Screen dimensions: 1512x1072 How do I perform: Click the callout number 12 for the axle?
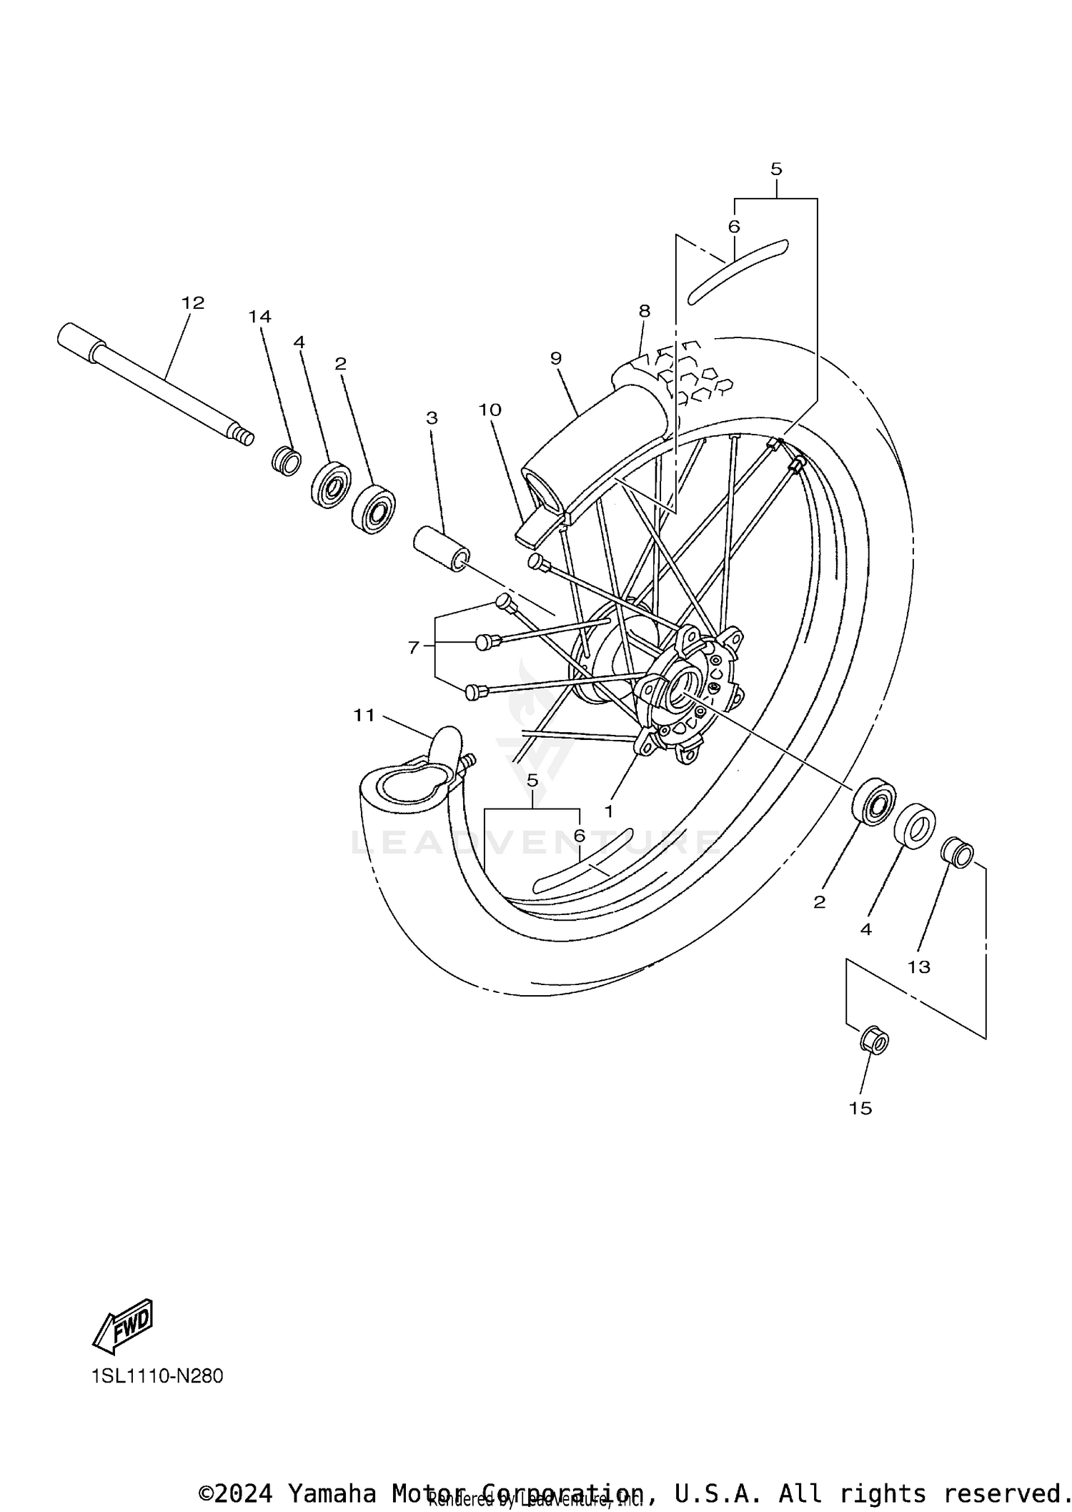pyautogui.click(x=193, y=302)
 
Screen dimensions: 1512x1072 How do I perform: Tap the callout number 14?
pyautogui.click(x=260, y=316)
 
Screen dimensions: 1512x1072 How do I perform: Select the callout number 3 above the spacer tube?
pyautogui.click(x=432, y=417)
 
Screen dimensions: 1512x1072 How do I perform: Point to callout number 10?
pyautogui.click(x=490, y=410)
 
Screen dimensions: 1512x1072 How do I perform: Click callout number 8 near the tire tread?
pyautogui.click(x=645, y=311)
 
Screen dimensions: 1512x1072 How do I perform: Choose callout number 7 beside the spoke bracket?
pyautogui.click(x=413, y=648)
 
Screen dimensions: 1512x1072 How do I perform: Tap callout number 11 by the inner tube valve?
pyautogui.click(x=364, y=715)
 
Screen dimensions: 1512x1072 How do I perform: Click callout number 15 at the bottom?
pyautogui.click(x=860, y=1108)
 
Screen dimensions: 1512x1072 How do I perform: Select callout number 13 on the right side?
pyautogui.click(x=919, y=967)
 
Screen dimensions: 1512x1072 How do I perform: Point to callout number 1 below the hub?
pyautogui.click(x=609, y=811)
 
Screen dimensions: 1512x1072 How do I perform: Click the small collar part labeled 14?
pyautogui.click(x=286, y=461)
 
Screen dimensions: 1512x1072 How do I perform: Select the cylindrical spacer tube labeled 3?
pyautogui.click(x=442, y=549)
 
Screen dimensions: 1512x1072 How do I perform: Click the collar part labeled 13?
pyautogui.click(x=958, y=852)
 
